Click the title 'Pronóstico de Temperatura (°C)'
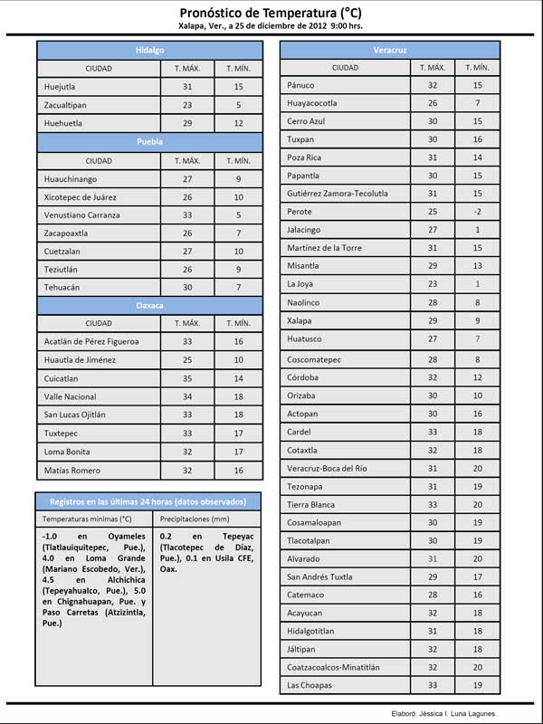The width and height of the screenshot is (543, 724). [x=271, y=13]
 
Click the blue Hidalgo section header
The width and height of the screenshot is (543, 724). [x=149, y=50]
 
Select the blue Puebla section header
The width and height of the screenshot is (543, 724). [x=149, y=142]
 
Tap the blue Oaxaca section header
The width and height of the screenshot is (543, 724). [x=149, y=306]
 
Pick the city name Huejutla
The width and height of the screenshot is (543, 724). [x=61, y=87]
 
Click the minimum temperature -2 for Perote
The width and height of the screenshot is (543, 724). [x=477, y=212]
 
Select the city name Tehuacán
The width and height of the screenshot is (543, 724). [x=62, y=288]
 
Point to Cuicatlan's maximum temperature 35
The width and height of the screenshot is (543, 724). [x=187, y=379]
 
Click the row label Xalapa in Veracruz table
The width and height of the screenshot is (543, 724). [x=300, y=320]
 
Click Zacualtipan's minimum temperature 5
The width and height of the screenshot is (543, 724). [x=238, y=105]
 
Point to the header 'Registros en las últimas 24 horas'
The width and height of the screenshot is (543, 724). [x=149, y=501]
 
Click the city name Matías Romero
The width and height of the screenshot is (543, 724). [x=71, y=471]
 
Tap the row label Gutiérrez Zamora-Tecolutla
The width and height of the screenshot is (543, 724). [x=338, y=194]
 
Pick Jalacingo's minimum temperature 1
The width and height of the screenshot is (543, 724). [x=477, y=230]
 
